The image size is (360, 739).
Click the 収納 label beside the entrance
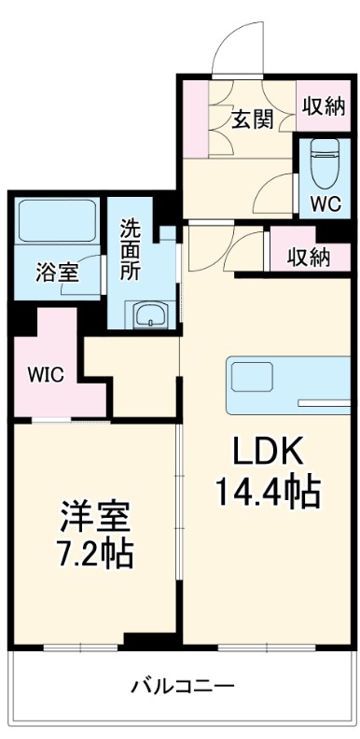[323, 105]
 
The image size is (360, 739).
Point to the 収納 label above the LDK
[309, 257]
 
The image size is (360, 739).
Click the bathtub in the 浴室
[58, 221]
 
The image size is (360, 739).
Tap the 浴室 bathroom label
[57, 272]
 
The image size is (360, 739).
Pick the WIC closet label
[45, 375]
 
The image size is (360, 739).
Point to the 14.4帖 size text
[268, 490]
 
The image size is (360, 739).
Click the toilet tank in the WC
[324, 146]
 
